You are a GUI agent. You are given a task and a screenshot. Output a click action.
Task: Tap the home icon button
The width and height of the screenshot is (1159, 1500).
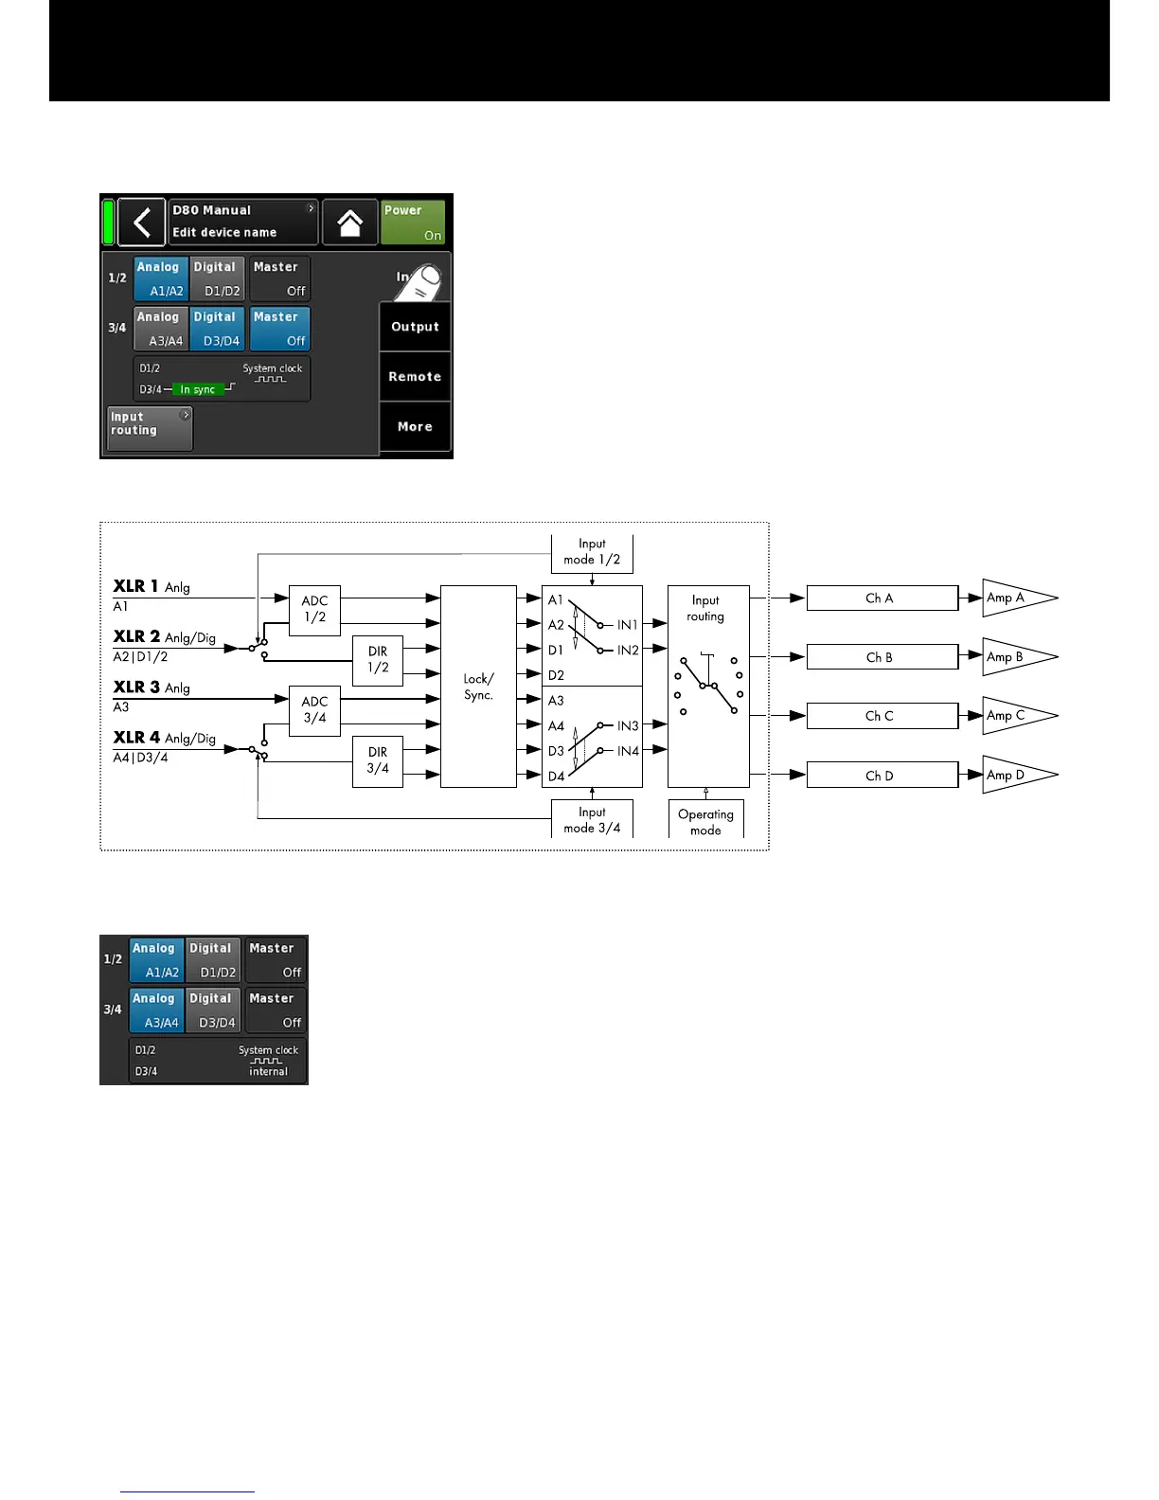[349, 223]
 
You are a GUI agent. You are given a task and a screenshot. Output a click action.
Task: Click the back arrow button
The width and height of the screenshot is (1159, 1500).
[142, 223]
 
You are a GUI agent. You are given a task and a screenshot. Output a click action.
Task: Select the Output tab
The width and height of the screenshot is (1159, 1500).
[415, 327]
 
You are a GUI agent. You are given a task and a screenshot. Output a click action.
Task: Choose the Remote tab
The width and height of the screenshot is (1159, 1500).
[415, 377]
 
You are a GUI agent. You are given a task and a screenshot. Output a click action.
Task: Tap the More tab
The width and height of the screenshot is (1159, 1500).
[415, 427]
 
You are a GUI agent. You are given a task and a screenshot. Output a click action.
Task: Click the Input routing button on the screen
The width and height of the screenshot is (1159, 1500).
[150, 428]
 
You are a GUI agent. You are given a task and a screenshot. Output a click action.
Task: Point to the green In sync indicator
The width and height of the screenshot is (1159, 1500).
[198, 389]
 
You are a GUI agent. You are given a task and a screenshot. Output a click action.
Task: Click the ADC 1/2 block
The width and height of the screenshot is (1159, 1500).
[314, 609]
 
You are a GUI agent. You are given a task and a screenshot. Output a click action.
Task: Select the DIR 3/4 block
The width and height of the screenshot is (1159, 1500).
[378, 760]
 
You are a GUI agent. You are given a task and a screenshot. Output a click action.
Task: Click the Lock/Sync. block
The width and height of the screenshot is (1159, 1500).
[478, 687]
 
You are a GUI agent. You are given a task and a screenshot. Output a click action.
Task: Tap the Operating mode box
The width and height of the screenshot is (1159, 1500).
[705, 821]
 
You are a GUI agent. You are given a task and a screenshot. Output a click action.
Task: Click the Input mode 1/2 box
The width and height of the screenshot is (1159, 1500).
[592, 552]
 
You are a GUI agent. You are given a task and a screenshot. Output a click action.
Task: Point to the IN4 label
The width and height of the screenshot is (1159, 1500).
[628, 751]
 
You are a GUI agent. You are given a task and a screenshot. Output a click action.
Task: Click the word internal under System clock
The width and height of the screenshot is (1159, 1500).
[268, 1071]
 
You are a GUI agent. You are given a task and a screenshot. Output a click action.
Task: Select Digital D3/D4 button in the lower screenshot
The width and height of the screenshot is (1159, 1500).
[213, 1009]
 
